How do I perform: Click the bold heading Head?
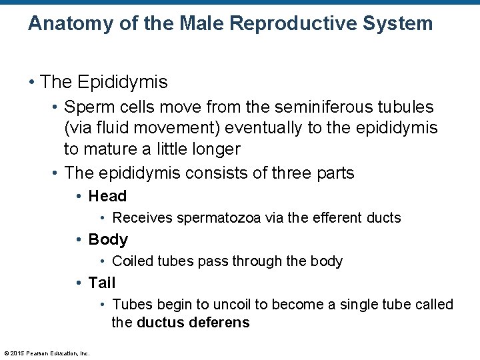click(107, 196)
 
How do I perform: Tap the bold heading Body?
click(108, 239)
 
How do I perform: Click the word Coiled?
click(133, 261)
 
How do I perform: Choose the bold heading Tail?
click(102, 283)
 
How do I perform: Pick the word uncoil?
click(232, 305)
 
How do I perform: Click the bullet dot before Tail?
click(79, 283)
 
